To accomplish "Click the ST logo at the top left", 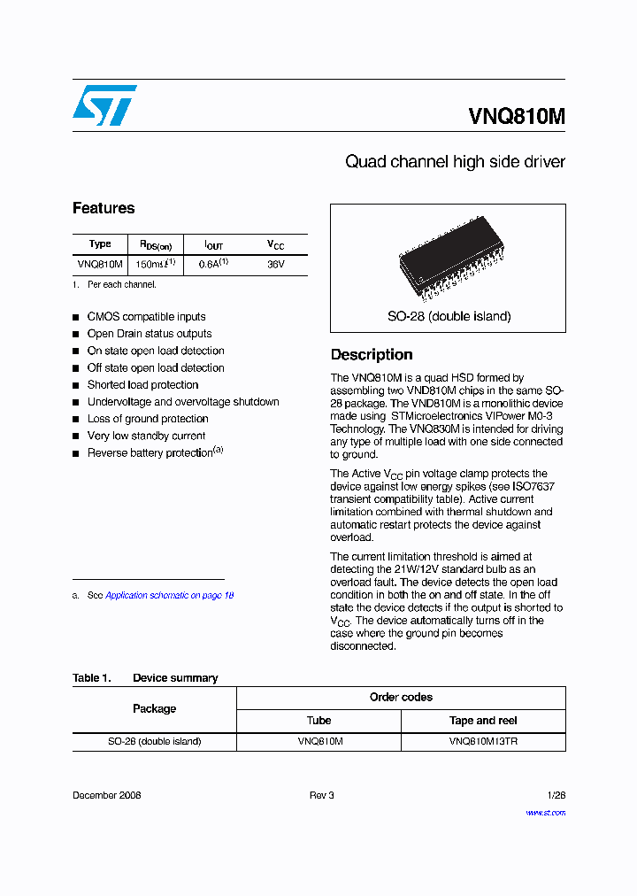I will pos(104,105).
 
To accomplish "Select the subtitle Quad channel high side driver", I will pos(455,162).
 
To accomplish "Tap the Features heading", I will pos(104,208).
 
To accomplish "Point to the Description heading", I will pos(372,354).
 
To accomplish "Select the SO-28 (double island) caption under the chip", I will pos(449,316).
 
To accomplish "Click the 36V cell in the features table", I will pos(276,264).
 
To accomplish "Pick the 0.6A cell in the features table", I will pos(213,264).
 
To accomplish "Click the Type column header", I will pos(100,244).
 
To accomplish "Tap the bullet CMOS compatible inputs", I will pos(146,317).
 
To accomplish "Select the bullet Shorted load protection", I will pos(142,385).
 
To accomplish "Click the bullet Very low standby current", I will pos(146,436).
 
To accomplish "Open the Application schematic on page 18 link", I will pos(169,596).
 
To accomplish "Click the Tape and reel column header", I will pos(483,721).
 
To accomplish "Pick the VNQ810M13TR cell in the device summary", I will pos(483,742).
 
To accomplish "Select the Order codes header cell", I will pos(401,698).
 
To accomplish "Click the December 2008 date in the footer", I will pos(106,795).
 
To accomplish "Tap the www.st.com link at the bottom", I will pos(545,812).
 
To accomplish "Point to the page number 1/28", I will pos(556,795).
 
